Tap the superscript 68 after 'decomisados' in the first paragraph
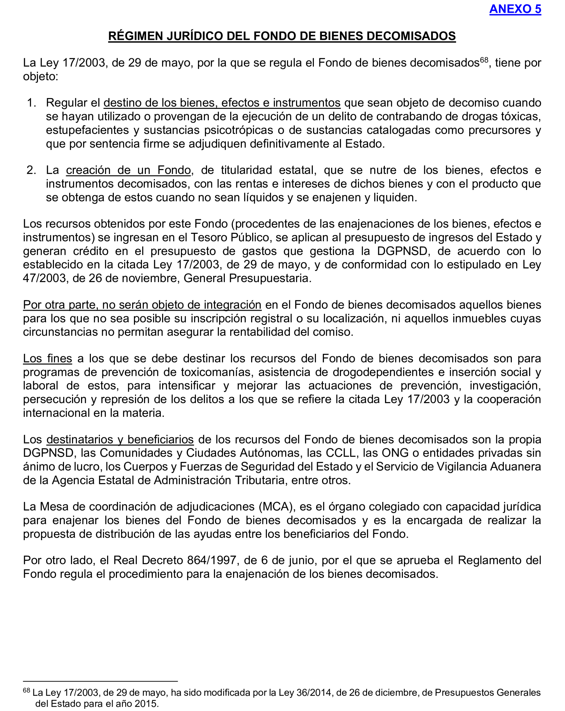point(484,60)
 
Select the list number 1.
point(31,103)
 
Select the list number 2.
point(31,170)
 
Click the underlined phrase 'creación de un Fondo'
point(128,170)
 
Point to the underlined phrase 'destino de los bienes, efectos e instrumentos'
point(222,103)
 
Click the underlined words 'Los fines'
point(48,358)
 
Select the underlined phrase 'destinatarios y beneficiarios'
point(120,440)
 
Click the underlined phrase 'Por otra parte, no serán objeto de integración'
point(142,305)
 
